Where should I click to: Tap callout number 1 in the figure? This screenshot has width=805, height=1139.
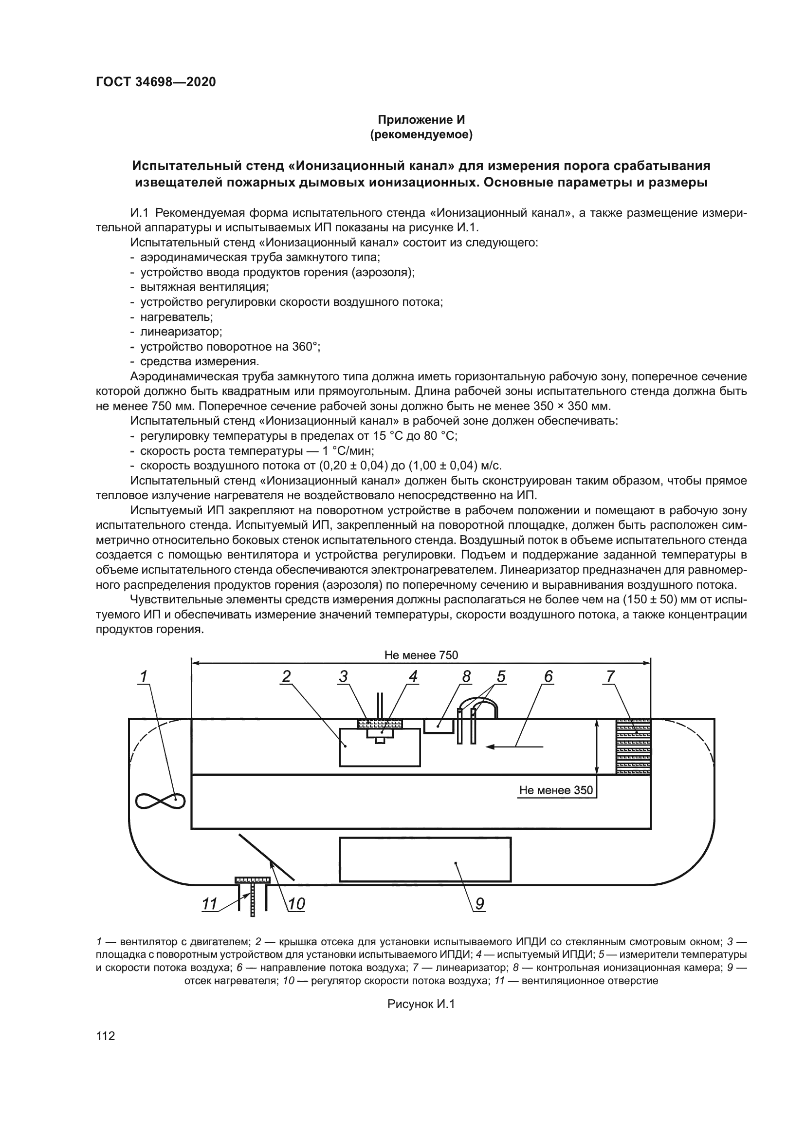(x=143, y=676)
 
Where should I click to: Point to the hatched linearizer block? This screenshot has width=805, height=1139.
(x=633, y=746)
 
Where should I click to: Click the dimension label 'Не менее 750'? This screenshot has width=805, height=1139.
(x=421, y=655)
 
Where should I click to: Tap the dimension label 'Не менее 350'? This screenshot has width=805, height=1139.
(x=556, y=790)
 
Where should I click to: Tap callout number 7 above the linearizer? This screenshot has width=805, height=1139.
(x=610, y=676)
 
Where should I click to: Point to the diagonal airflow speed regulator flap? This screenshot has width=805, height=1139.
(x=267, y=857)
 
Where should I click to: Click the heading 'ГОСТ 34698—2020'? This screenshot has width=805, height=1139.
(x=156, y=82)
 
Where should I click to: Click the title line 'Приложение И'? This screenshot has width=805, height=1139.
(x=421, y=120)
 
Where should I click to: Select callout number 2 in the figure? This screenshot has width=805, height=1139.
(x=286, y=676)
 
